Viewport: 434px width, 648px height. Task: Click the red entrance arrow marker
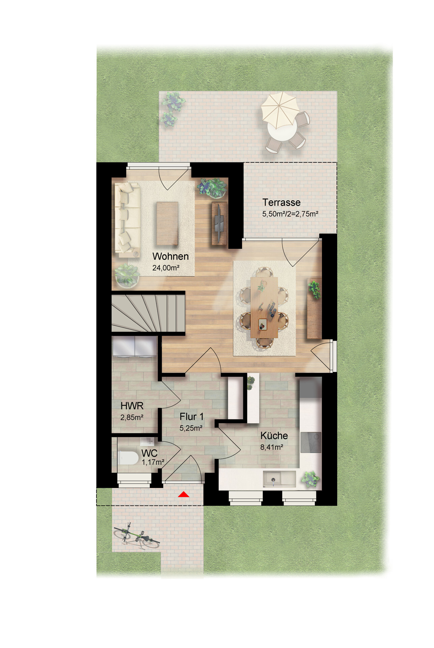(x=183, y=494)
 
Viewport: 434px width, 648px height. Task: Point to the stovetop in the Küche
(x=310, y=442)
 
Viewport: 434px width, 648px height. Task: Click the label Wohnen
(x=170, y=256)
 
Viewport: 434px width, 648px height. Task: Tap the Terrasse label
(x=281, y=202)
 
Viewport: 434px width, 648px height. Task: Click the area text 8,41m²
(x=271, y=448)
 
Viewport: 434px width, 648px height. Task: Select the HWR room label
(x=132, y=406)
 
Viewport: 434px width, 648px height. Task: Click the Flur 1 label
(x=191, y=416)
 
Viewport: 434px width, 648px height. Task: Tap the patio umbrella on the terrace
(x=279, y=111)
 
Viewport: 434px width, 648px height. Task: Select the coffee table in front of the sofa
(x=167, y=223)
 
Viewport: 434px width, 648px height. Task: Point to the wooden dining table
(x=264, y=307)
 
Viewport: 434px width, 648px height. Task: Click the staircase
(x=148, y=314)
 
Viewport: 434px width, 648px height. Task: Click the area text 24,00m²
(x=166, y=268)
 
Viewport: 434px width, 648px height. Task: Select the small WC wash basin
(x=148, y=440)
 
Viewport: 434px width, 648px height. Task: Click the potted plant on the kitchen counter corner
(x=310, y=479)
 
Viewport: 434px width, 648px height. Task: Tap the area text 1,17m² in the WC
(x=153, y=462)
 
